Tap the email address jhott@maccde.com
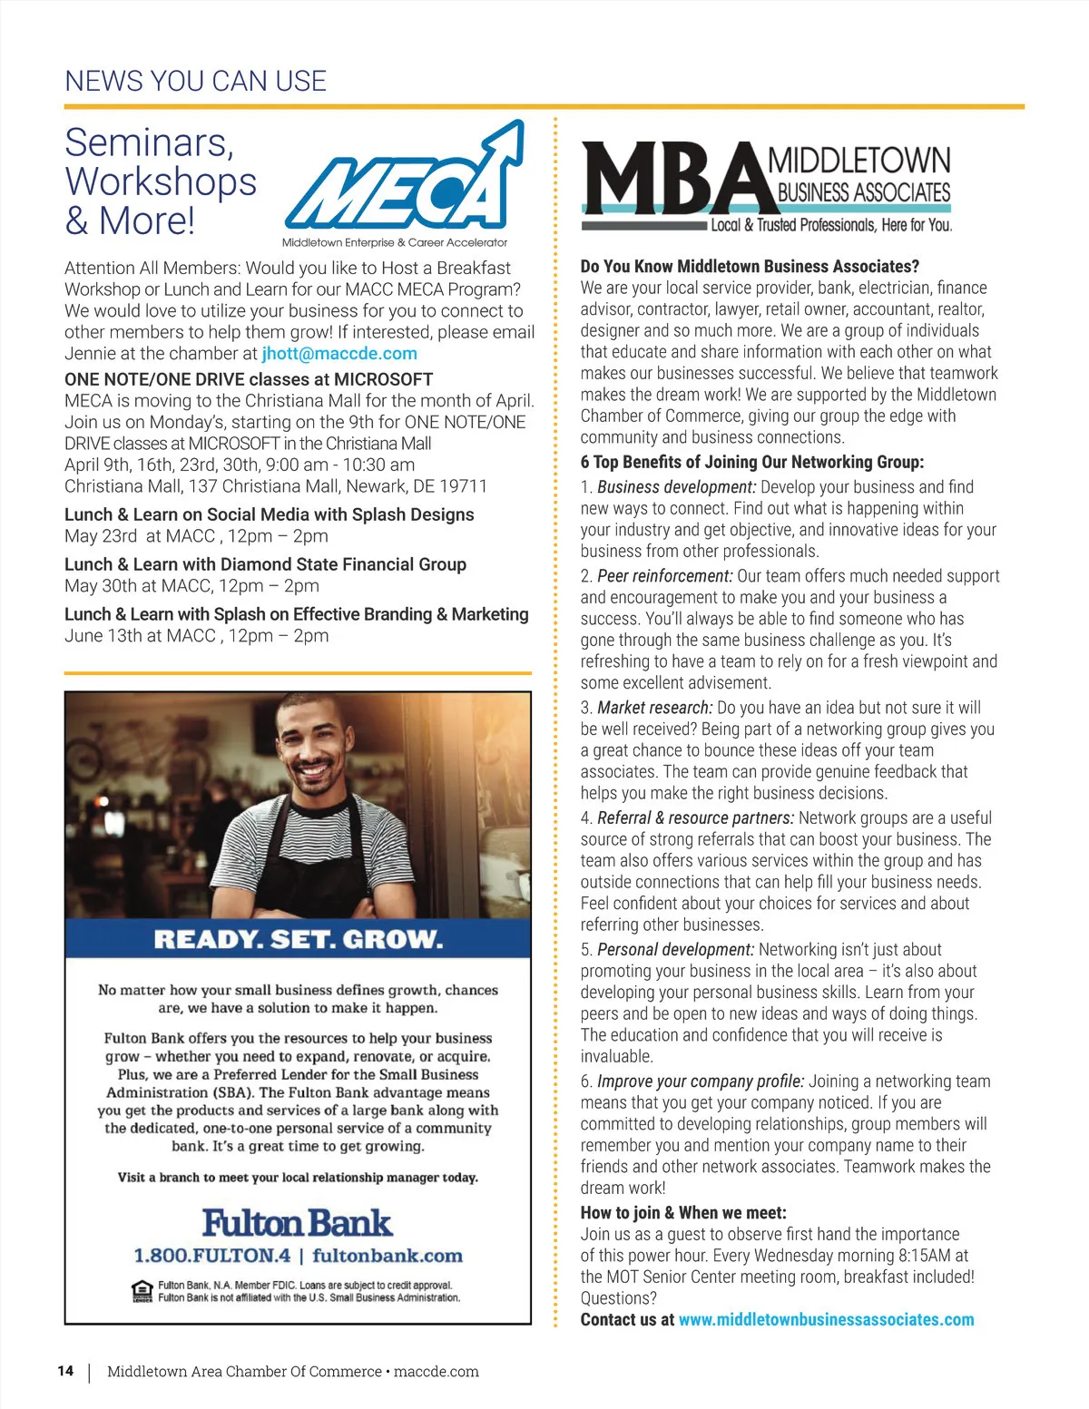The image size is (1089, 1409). [339, 354]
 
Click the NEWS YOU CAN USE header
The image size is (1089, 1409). [195, 82]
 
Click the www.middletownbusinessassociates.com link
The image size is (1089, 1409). [826, 1320]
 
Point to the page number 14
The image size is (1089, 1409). [65, 1371]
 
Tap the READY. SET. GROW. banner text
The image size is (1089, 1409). [299, 939]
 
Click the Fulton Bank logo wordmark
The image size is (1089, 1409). [297, 1223]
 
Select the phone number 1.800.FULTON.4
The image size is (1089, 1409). [212, 1256]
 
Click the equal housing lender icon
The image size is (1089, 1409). [142, 1291]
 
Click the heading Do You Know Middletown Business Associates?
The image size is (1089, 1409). [750, 267]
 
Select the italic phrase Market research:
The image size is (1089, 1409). [654, 708]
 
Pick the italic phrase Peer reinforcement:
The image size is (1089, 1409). [664, 576]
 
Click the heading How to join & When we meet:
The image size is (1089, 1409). [683, 1213]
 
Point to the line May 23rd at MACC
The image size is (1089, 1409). [196, 536]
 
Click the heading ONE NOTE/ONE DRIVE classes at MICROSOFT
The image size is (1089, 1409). [249, 379]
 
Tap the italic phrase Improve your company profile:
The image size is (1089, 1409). [700, 1081]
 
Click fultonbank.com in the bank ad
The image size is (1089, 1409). [388, 1256]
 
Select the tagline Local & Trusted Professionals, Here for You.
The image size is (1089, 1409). [831, 225]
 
